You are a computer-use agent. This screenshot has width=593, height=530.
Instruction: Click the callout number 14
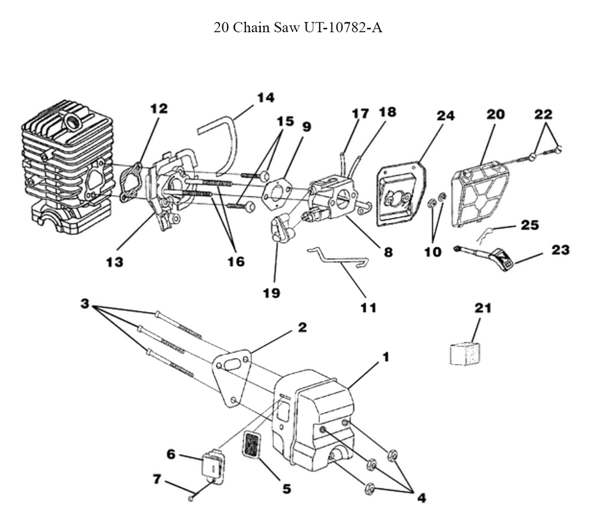click(x=266, y=97)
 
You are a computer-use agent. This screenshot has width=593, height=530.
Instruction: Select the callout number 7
click(x=157, y=479)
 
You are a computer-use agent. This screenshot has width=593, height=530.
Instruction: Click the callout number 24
click(x=445, y=116)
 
